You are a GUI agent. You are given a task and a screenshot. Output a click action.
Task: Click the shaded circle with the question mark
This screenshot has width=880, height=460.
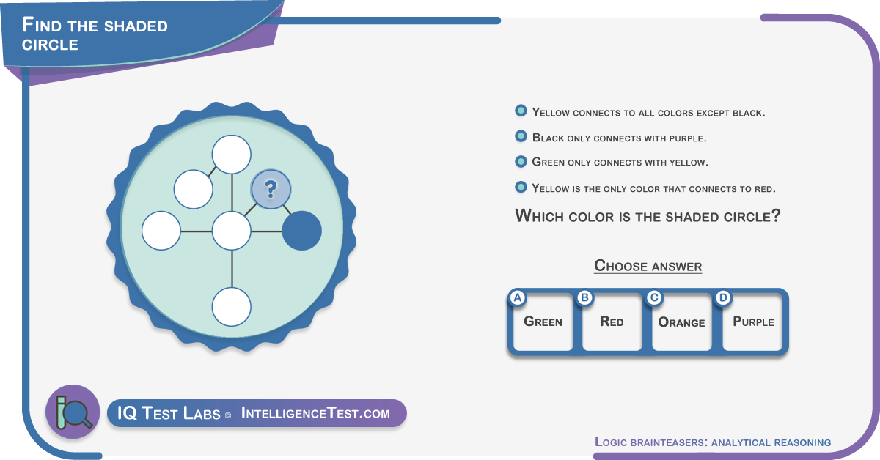[x=271, y=189]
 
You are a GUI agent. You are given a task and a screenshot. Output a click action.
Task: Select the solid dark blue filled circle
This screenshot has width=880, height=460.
[x=301, y=231]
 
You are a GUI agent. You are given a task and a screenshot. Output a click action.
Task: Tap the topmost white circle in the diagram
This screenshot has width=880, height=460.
[x=232, y=155]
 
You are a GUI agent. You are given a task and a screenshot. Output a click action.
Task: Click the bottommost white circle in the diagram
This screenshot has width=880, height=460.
[x=232, y=307]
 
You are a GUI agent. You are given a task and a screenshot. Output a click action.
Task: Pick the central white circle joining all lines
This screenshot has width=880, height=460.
[x=232, y=231]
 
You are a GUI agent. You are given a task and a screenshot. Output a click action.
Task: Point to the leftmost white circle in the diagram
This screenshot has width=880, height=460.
[x=161, y=231]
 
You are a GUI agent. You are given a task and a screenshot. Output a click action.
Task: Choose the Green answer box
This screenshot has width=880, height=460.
[x=543, y=322]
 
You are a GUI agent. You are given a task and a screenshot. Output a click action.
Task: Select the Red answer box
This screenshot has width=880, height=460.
[x=612, y=322]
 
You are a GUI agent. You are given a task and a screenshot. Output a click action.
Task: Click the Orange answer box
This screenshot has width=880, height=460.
[x=681, y=322]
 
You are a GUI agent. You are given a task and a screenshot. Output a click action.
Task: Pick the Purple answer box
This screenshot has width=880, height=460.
[x=752, y=322]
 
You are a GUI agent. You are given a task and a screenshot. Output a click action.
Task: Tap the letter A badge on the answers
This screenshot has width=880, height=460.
[x=518, y=298]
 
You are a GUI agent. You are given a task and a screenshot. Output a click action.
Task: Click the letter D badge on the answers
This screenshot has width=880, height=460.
[x=723, y=298]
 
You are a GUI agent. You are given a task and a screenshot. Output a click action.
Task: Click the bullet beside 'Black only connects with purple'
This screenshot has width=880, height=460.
[x=521, y=136]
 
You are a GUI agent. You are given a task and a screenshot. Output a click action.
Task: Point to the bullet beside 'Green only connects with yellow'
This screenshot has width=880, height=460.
[x=521, y=161]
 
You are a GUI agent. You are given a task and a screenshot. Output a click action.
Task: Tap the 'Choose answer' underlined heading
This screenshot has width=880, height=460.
[x=648, y=266]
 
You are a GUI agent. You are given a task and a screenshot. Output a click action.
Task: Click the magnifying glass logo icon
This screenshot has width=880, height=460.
[x=73, y=412]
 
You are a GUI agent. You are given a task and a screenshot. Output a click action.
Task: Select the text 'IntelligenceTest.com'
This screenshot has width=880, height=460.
[x=315, y=413]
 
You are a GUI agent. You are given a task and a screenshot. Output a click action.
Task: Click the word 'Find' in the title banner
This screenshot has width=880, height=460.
[x=42, y=25]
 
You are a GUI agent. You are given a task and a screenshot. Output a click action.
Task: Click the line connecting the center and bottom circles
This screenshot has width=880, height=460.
[x=232, y=269]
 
